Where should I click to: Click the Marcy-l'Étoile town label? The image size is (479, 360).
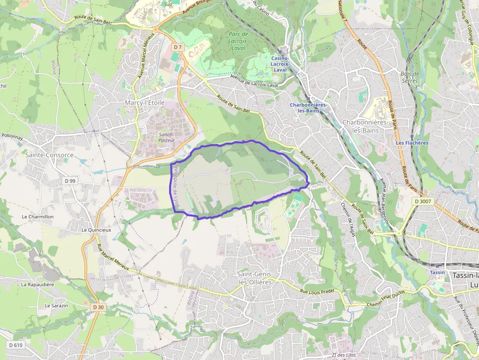[x=145, y=103]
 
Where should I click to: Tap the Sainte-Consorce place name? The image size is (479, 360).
[x=49, y=155]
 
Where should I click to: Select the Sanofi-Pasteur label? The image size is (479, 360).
[x=167, y=137]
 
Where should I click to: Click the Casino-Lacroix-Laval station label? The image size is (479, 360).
[x=280, y=64]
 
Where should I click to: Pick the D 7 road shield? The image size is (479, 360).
[x=178, y=47]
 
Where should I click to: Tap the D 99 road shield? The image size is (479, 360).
[x=70, y=181]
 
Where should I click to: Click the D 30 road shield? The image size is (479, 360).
[x=98, y=307]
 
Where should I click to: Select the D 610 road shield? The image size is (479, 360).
[x=15, y=345]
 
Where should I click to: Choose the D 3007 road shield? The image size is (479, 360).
[x=423, y=201]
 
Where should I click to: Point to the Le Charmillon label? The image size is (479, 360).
[x=38, y=216]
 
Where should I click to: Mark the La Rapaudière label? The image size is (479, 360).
[x=37, y=284]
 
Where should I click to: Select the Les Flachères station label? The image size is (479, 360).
[x=412, y=143]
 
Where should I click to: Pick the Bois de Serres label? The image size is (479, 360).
[x=409, y=77]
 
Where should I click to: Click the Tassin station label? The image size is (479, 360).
[x=437, y=272]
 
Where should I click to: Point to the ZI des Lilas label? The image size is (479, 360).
[x=343, y=355]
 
